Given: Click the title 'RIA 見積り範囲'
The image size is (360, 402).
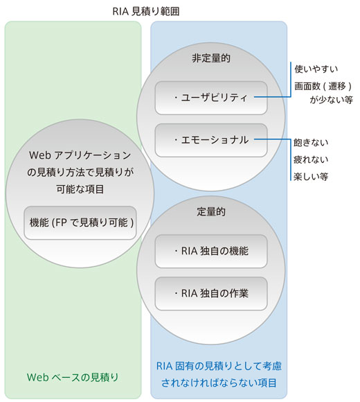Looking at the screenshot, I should pos(148,12).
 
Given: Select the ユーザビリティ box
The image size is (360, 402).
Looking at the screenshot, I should pos(211,98).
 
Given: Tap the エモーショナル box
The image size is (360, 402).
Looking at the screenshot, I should pos(211,140).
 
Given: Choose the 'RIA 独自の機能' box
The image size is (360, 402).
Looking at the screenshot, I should pos(211,251).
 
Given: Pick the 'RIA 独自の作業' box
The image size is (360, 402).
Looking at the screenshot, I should pos(211,293).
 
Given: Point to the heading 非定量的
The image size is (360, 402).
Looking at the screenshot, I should pos(211,59).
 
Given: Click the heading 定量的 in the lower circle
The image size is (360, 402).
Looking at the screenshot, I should pos(211,211).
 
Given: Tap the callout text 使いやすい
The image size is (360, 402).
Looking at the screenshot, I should pos(316,69).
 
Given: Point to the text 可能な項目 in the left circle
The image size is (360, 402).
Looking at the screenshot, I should pos(80,189).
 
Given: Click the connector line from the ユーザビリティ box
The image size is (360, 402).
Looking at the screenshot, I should pos(277,98).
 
